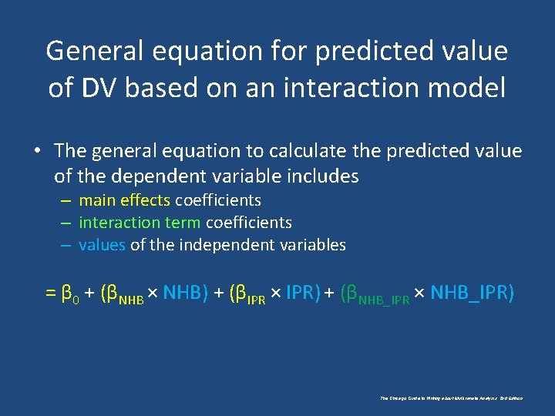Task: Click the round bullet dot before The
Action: coord(37,151)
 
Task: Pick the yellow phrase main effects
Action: coord(124,200)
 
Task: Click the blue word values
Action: coord(102,245)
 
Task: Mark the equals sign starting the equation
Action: coord(50,294)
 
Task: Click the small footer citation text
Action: coord(452,398)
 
